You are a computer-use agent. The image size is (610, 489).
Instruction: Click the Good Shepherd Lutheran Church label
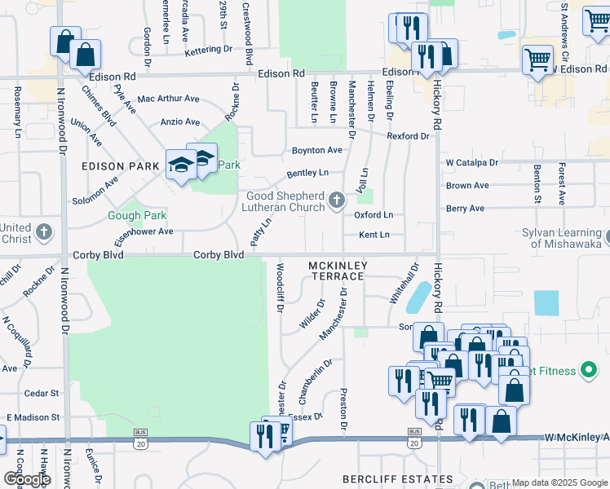[x=286, y=201]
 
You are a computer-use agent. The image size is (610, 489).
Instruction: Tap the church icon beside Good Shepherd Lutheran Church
[x=336, y=200]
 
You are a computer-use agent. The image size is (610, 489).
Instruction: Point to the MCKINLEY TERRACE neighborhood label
[x=338, y=271]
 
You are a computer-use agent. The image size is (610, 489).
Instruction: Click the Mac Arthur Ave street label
[x=169, y=99]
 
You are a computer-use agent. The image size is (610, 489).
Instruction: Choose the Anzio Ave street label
[x=180, y=122]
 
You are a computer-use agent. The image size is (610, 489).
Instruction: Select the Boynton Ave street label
[x=317, y=150]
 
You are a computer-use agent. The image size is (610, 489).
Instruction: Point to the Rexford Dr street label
[x=408, y=136]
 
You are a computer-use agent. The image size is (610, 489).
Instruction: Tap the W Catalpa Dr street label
[x=471, y=163]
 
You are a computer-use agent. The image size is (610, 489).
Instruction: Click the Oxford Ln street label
[x=374, y=215]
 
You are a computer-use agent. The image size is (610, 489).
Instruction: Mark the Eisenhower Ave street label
[x=144, y=231]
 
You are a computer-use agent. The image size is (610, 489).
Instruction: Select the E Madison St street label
[x=33, y=417]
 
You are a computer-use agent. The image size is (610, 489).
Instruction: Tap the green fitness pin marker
[x=587, y=371]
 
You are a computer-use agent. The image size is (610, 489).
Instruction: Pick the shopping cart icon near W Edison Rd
[x=537, y=59]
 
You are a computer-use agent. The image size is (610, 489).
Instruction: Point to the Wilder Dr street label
[x=312, y=314]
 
